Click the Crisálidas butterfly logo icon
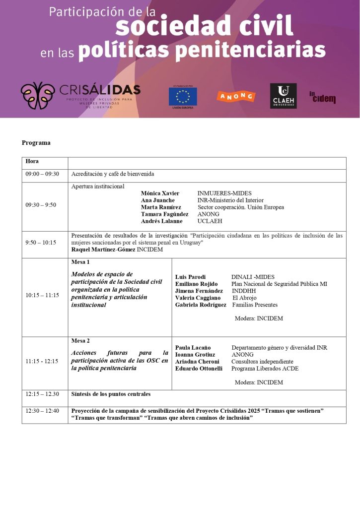coord(38,95)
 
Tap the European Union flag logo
coord(183,96)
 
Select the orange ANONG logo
coord(236,96)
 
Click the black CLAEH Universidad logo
coord(283,96)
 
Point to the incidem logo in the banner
coord(322,97)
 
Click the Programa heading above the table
coord(36,143)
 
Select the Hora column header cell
coord(32,162)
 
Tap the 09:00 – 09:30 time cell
coord(42,174)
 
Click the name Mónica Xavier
coord(160,193)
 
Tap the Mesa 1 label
coord(81,261)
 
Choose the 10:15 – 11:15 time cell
coord(42,295)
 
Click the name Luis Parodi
coord(190,277)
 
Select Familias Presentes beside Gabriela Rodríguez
coord(255,305)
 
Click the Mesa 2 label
coord(81,341)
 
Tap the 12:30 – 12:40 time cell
coord(42,411)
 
